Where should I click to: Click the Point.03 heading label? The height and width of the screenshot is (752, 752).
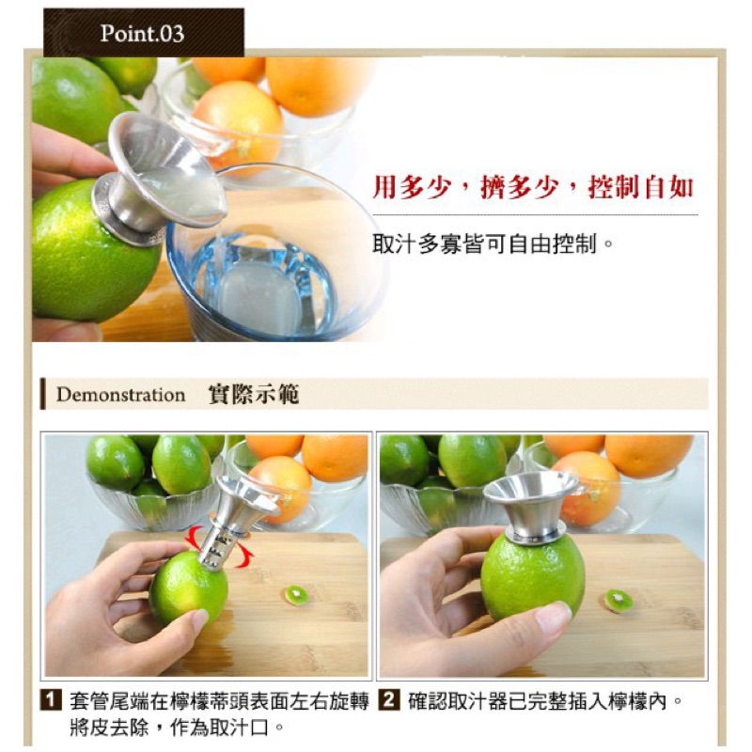[x=142, y=34]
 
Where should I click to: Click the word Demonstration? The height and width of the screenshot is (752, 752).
[x=121, y=395]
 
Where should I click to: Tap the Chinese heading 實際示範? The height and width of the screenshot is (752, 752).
[x=254, y=395]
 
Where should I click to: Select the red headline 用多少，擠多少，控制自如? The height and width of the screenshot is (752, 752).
[x=533, y=187]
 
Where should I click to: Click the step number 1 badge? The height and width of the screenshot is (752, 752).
[x=51, y=700]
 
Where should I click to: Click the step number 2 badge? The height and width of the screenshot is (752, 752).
[x=389, y=700]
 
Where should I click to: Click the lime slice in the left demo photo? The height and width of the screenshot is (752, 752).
[x=296, y=595]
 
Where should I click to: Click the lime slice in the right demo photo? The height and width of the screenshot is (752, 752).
[x=618, y=601]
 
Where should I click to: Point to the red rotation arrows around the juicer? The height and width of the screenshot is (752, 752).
[x=220, y=547]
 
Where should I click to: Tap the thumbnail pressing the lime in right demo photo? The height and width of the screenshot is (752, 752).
[x=553, y=618]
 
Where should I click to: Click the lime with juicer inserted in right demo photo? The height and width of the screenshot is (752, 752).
[x=532, y=577]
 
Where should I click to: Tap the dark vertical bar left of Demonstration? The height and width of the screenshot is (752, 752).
[x=43, y=394]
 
